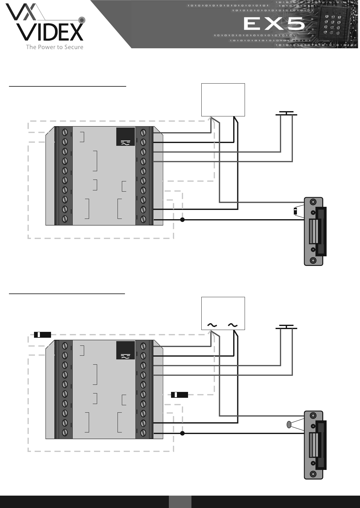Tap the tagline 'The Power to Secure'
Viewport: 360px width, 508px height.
pyautogui.click(x=54, y=47)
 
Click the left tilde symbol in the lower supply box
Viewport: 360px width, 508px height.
pyautogui.click(x=212, y=325)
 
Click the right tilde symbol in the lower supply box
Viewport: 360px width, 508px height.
pyautogui.click(x=232, y=325)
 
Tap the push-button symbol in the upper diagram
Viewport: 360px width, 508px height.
pyautogui.click(x=286, y=114)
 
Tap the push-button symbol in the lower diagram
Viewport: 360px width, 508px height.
pyautogui.click(x=286, y=327)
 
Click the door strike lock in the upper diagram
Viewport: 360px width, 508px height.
pyautogui.click(x=314, y=231)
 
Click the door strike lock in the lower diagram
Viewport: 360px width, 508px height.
pyautogui.click(x=314, y=445)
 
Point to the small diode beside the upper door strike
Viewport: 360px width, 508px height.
pyautogui.click(x=295, y=211)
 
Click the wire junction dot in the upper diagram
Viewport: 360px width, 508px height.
pyautogui.click(x=182, y=220)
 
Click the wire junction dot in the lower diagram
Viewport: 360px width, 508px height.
pyautogui.click(x=182, y=433)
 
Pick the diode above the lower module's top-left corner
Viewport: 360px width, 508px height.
pyautogui.click(x=42, y=335)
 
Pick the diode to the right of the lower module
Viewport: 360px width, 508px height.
pyautogui.click(x=179, y=394)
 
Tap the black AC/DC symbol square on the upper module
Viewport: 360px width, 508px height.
pyautogui.click(x=125, y=137)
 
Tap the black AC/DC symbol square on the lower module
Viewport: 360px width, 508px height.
pyautogui.click(x=125, y=350)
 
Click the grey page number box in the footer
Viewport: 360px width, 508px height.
pyautogui.click(x=180, y=501)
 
